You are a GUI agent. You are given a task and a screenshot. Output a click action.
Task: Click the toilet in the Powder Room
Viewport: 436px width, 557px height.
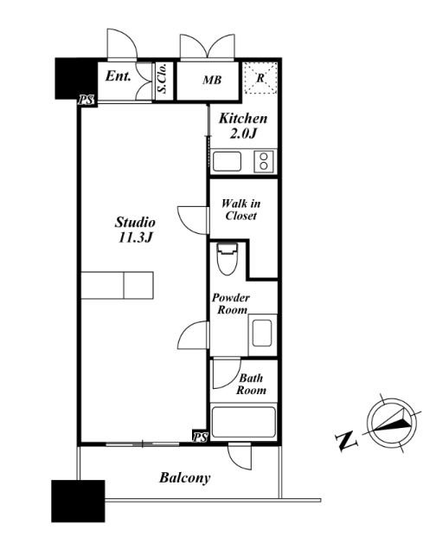227,259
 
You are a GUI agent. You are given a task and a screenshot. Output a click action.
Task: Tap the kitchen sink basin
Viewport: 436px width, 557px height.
227,161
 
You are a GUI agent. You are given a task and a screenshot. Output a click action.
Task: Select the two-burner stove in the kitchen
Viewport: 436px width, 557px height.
264,161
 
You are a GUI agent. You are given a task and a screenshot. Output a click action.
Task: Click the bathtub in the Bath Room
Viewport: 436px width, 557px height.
243,422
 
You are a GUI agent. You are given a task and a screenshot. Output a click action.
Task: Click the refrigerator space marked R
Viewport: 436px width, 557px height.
260,78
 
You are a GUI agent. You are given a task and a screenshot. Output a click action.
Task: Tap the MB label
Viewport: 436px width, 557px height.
212,80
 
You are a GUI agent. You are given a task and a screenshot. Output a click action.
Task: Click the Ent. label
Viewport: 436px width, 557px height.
119,76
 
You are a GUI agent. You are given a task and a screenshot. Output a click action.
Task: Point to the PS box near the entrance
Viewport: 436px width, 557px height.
87,100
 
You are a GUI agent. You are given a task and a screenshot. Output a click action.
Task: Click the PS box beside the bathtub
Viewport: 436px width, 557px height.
200,437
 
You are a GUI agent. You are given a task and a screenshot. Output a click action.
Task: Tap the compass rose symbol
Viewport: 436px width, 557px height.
392,424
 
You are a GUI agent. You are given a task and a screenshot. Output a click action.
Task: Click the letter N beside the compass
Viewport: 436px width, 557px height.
346,440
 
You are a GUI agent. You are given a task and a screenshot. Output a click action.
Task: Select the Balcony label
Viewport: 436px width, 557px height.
184,478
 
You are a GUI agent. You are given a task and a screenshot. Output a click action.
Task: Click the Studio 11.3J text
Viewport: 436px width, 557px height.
135,230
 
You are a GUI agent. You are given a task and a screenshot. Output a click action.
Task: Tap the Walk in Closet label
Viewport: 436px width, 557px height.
240,210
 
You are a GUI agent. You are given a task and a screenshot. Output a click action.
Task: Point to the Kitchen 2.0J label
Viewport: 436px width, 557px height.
243,126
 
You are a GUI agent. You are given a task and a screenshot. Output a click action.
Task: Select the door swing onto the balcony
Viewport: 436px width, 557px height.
240,457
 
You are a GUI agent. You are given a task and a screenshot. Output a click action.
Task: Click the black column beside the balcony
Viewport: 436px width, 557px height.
78,501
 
